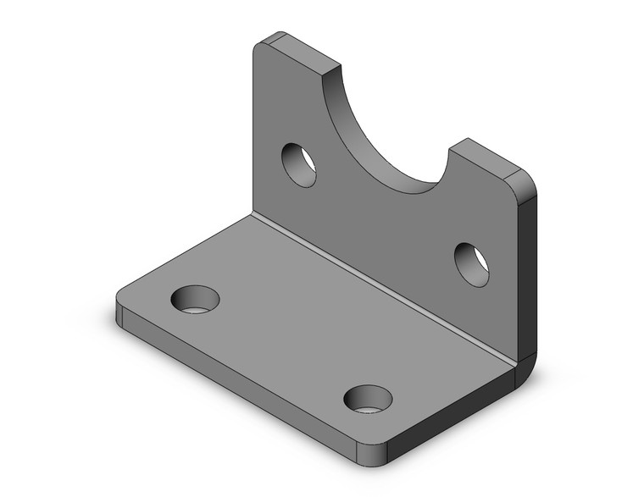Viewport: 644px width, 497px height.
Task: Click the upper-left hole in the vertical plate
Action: pos(299,164)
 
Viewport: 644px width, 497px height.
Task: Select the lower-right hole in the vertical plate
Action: pos(471,264)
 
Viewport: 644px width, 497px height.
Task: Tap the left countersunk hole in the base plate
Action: pos(195,300)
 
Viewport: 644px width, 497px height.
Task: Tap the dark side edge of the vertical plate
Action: pos(527,271)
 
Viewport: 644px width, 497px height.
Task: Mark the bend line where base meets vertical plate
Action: pos(381,289)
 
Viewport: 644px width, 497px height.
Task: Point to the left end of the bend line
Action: pos(253,215)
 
